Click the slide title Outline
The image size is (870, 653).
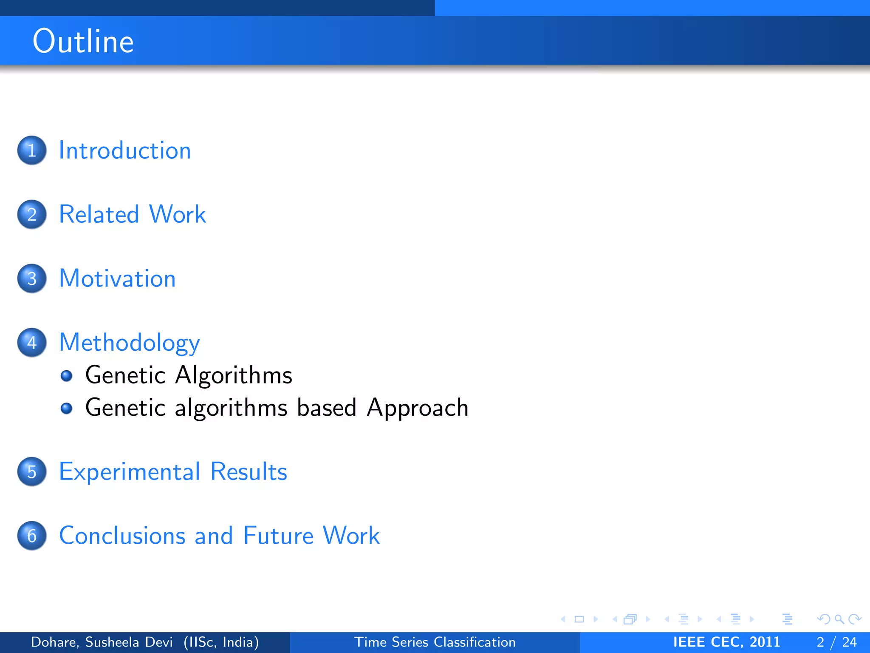coord(83,41)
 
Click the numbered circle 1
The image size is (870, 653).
coord(32,150)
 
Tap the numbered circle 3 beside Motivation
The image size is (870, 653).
coord(32,279)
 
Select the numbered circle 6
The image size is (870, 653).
coord(32,536)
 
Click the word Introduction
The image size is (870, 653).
coord(125,150)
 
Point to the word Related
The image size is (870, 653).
coord(99,214)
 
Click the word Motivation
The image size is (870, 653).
coord(117,279)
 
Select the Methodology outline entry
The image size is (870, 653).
coord(129,343)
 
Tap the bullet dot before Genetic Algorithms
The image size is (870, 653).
coord(66,376)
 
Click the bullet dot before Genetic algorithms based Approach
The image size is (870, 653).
coord(66,409)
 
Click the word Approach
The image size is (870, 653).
coord(418,408)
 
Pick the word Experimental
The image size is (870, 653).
coord(130,472)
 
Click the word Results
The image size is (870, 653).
coord(249,472)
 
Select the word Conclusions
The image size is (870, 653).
coord(122,536)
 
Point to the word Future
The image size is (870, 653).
coord(278,536)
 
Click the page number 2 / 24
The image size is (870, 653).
coord(836,642)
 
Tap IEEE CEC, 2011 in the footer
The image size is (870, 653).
coord(726,642)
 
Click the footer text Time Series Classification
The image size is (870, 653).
coord(435,642)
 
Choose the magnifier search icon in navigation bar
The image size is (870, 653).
coord(839,619)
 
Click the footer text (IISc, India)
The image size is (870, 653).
coord(221,642)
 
